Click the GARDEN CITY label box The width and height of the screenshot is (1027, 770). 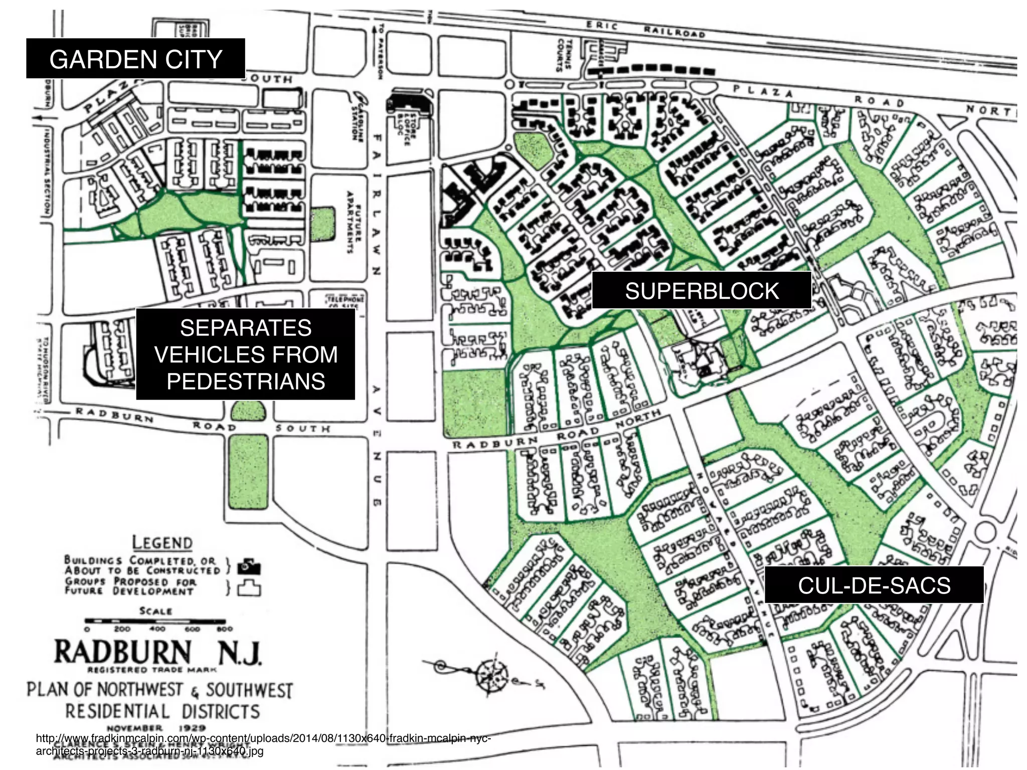[x=135, y=59]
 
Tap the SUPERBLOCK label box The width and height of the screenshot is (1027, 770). [x=702, y=291]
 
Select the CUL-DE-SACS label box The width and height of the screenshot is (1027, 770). [x=874, y=585]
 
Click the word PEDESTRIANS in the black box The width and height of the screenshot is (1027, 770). [x=246, y=381]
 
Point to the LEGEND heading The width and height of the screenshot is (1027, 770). [x=162, y=543]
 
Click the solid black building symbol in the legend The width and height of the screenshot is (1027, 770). [x=249, y=567]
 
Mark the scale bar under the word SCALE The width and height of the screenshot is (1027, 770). [x=158, y=622]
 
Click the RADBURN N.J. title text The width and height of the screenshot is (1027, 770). [x=157, y=652]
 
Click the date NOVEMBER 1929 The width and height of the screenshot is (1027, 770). [x=156, y=727]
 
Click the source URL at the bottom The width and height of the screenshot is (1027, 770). [x=263, y=744]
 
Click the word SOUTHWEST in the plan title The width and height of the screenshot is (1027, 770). [x=249, y=690]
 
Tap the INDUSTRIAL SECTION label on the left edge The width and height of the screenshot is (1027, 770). [x=48, y=170]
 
